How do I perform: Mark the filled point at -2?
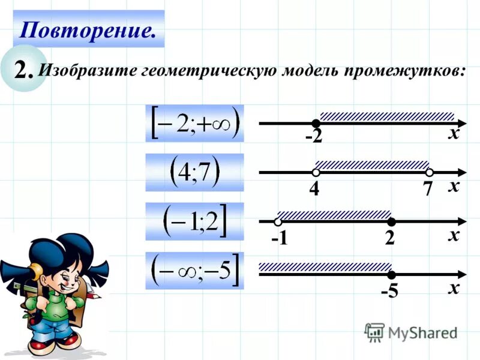click(316, 123)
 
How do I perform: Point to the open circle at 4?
click(316, 172)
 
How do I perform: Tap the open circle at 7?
click(430, 172)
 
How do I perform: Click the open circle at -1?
click(278, 221)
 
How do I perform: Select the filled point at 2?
click(391, 221)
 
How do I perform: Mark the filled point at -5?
click(391, 274)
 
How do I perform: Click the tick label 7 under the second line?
click(427, 189)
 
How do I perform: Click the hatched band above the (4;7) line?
click(372, 164)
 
